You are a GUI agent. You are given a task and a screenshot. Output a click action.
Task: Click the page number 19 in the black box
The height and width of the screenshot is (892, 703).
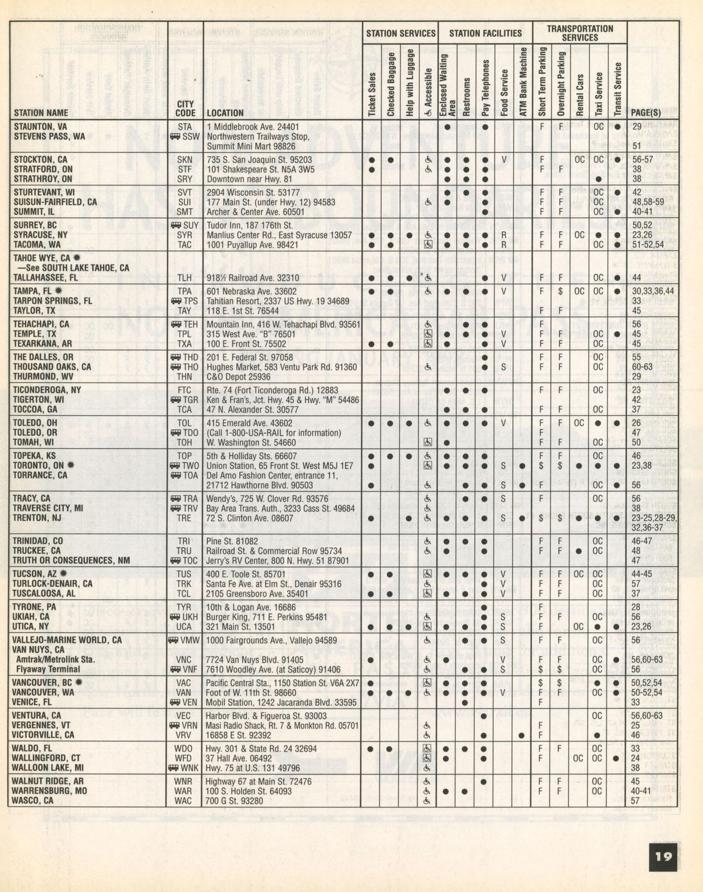pos(663,856)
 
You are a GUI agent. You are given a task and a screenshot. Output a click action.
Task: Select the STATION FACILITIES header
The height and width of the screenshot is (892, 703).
pos(485,33)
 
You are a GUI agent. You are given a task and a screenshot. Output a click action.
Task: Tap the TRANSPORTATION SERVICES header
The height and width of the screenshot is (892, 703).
pos(580,33)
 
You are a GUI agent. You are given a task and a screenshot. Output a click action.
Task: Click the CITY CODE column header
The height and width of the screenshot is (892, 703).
pos(185,108)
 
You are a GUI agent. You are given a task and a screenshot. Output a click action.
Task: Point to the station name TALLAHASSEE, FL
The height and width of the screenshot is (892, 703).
pos(46,278)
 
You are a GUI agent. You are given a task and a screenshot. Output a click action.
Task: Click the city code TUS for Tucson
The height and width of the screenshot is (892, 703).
pos(184,574)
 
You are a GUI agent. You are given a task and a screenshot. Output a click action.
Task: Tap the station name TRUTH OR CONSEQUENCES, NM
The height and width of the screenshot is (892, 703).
pos(71,561)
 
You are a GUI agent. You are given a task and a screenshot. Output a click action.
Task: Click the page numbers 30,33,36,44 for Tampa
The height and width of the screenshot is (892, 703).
pos(653,291)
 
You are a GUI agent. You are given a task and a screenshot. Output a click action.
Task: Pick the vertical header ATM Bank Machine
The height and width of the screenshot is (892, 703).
pos(523,82)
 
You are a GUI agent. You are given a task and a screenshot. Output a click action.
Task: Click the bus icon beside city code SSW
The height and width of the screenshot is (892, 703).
pos(175,136)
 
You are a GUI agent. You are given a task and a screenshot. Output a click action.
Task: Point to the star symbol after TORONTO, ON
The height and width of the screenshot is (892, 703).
pos(70,465)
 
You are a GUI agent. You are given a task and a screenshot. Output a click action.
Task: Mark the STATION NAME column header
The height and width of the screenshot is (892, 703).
pos(41,113)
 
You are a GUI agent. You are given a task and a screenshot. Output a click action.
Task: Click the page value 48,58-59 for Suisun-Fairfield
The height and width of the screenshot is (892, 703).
pos(648,202)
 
